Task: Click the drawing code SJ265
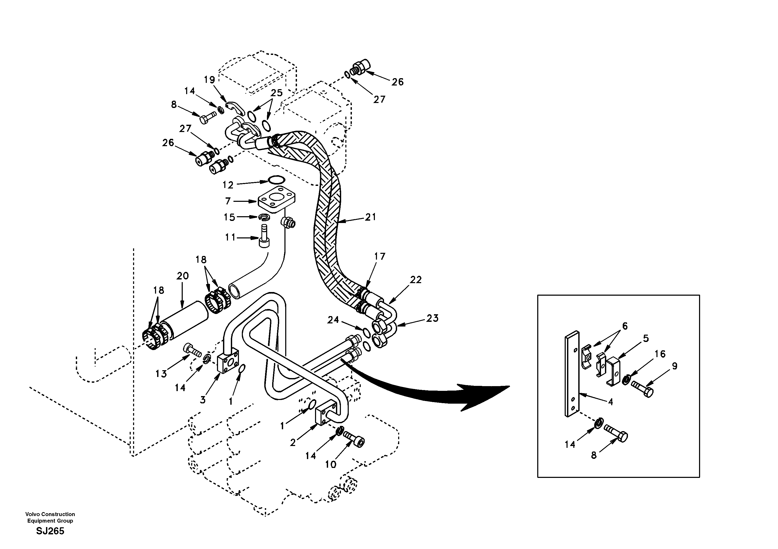click(x=50, y=531)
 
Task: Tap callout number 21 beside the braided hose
click(x=370, y=217)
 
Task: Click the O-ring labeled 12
click(x=277, y=180)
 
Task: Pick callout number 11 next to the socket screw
click(x=230, y=237)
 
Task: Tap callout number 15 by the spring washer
click(x=230, y=217)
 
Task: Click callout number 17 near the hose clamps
click(x=380, y=256)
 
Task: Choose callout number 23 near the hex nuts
click(x=432, y=318)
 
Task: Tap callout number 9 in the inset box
click(x=674, y=366)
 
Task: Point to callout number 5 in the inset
click(x=645, y=338)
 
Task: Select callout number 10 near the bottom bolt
click(x=330, y=464)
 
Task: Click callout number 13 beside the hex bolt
click(x=161, y=374)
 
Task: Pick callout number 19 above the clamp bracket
click(x=209, y=80)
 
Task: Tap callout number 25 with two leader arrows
click(x=277, y=93)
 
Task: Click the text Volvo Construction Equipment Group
click(x=50, y=517)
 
